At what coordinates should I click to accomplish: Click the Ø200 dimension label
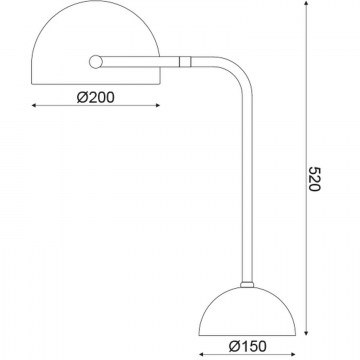click(96, 97)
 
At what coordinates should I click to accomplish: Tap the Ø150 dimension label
click(247, 346)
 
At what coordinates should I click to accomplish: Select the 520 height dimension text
click(314, 179)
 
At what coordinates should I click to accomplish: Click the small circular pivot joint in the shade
click(96, 62)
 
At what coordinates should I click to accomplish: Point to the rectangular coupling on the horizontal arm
click(185, 62)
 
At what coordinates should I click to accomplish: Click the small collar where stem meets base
click(247, 285)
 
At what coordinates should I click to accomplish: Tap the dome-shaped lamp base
click(247, 311)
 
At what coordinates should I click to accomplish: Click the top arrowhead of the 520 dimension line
click(306, 3)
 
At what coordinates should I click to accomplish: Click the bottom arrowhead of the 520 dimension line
click(306, 332)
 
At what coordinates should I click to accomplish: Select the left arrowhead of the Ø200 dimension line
click(34, 106)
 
